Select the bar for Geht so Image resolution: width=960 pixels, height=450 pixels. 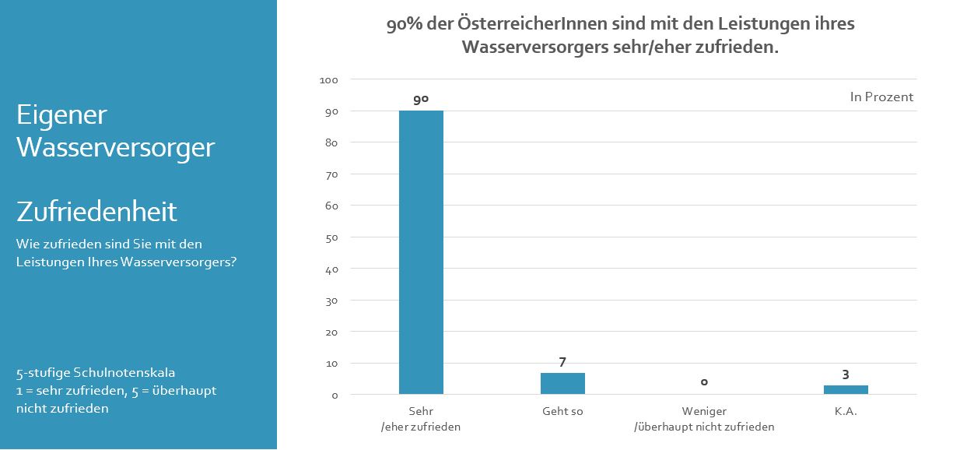click(562, 383)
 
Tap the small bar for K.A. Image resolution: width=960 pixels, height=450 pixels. click(846, 389)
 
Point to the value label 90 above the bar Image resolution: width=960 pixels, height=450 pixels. click(421, 100)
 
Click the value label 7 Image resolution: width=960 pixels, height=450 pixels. click(562, 362)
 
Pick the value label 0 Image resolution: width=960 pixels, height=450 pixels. click(704, 381)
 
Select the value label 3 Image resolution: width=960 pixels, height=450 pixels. click(846, 374)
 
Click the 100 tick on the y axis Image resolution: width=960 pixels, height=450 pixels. click(328, 80)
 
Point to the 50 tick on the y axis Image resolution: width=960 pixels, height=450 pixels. click(331, 237)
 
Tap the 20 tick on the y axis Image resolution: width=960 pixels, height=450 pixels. click(331, 332)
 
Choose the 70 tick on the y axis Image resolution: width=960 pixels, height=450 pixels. click(331, 174)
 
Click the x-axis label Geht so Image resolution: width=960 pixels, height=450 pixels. click(562, 411)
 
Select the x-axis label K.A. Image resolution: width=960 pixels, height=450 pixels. click(846, 411)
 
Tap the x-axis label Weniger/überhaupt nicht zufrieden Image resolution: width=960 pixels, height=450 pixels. click(704, 419)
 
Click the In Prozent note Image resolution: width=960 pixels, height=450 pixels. click(881, 97)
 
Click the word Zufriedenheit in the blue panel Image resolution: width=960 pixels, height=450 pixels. click(96, 211)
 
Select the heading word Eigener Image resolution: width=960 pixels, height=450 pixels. click(61, 115)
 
